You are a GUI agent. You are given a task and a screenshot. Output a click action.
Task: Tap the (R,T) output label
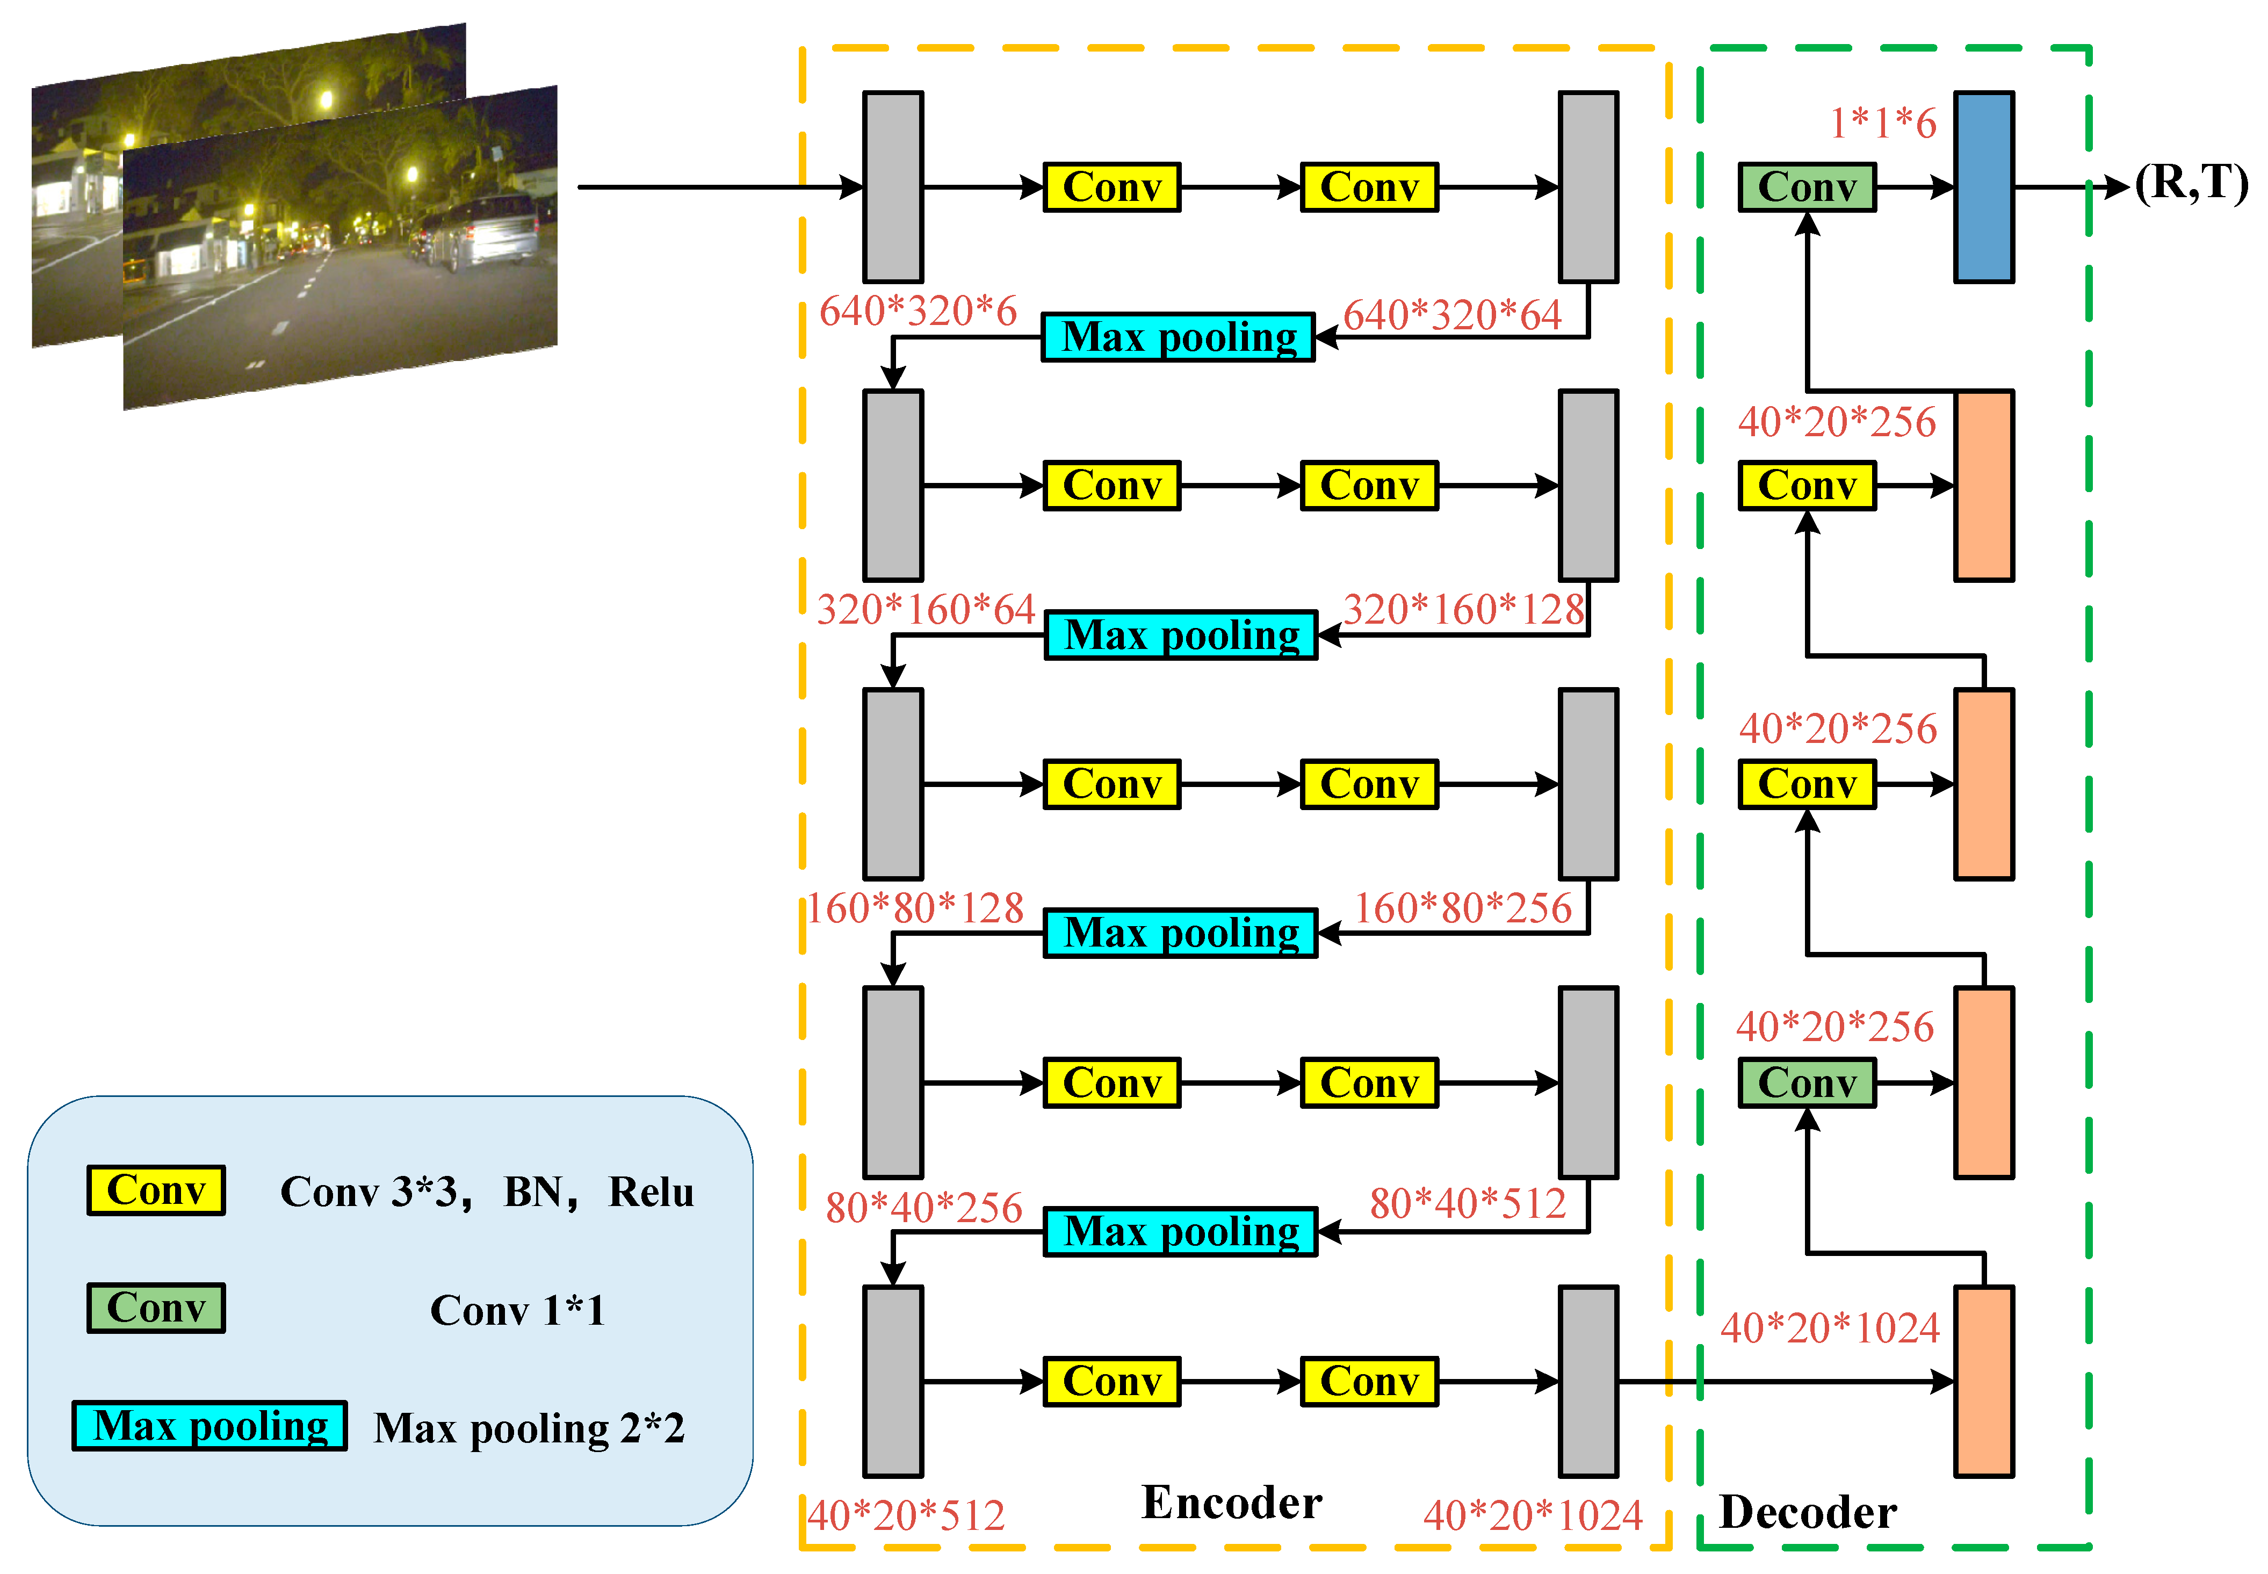tap(2191, 183)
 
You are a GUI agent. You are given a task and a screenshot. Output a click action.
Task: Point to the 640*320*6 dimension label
tap(918, 312)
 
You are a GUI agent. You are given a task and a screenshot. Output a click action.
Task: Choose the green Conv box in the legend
tap(156, 1308)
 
